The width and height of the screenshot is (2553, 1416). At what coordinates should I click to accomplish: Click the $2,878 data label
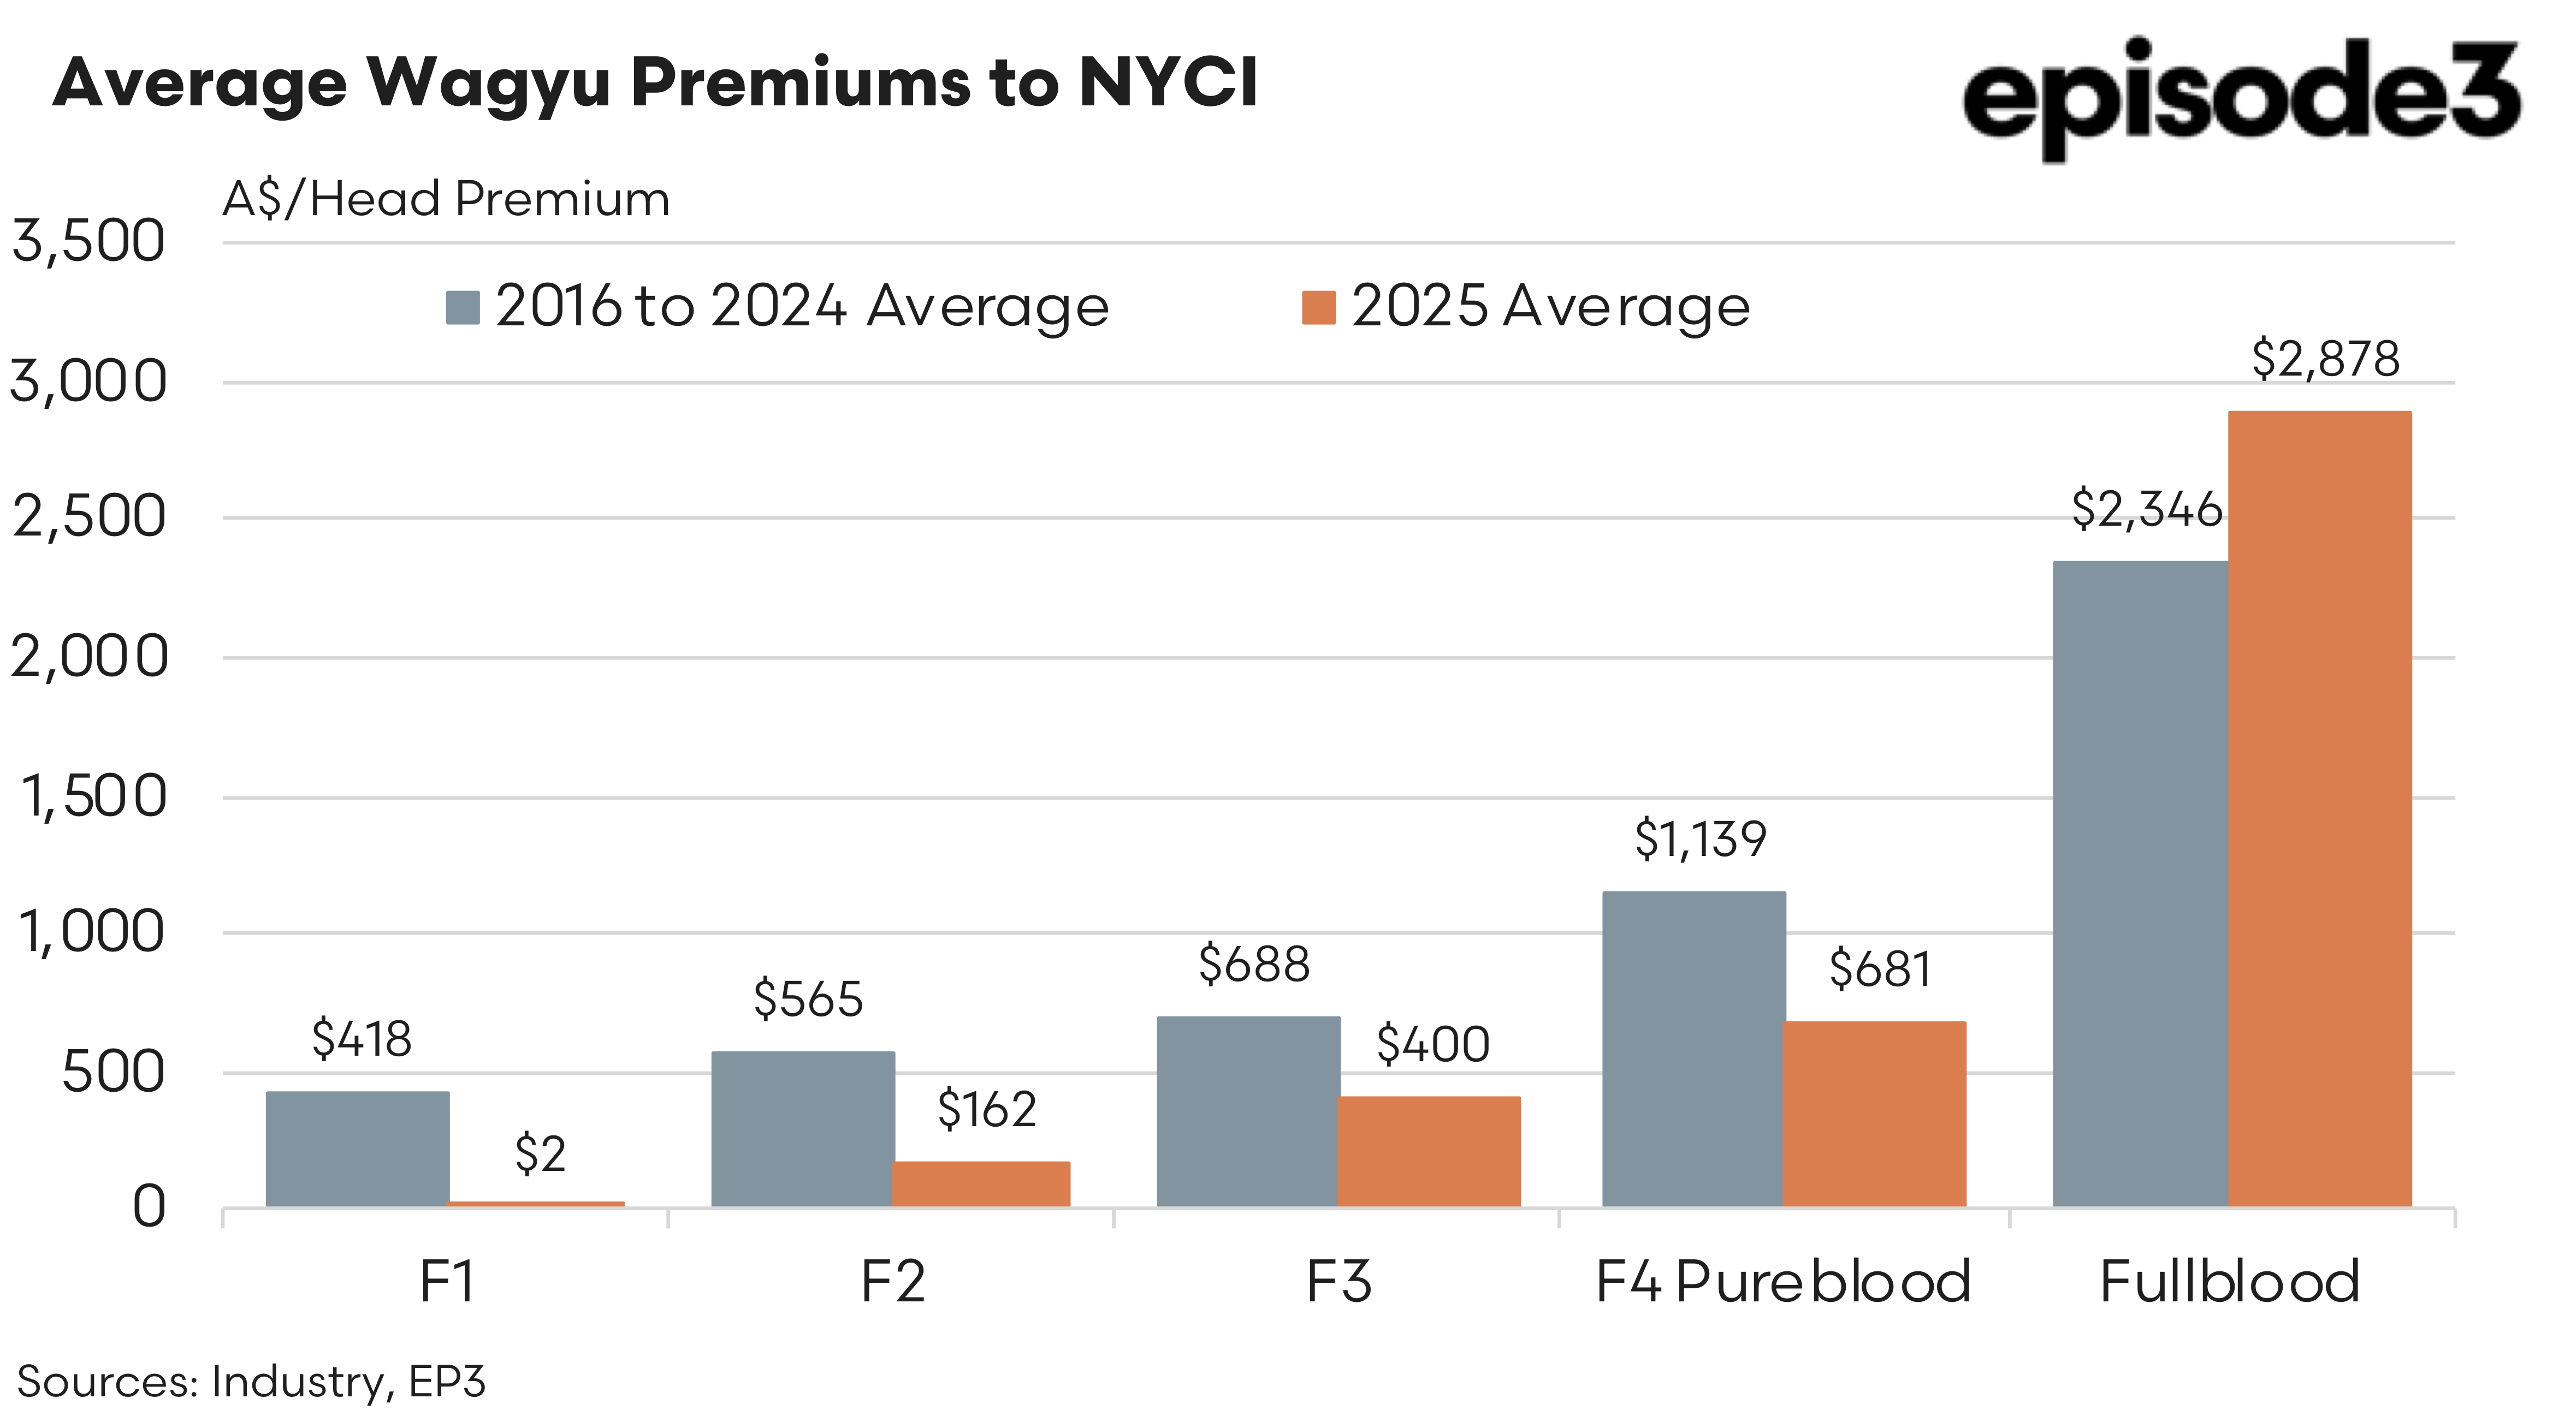coord(2325,359)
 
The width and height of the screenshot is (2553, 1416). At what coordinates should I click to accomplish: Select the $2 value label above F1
coord(540,1155)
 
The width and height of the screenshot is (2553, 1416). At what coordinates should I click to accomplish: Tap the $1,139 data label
coord(1699,840)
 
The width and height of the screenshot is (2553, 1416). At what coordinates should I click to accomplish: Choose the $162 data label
coord(987,1109)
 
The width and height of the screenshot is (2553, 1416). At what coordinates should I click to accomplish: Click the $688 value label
coord(1254,964)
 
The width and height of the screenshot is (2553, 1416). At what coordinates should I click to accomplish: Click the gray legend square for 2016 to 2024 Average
coord(463,307)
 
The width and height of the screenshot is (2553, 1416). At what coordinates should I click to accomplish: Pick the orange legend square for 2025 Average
coord(1318,307)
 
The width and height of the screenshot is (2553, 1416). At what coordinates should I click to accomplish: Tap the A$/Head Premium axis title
coord(446,199)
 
